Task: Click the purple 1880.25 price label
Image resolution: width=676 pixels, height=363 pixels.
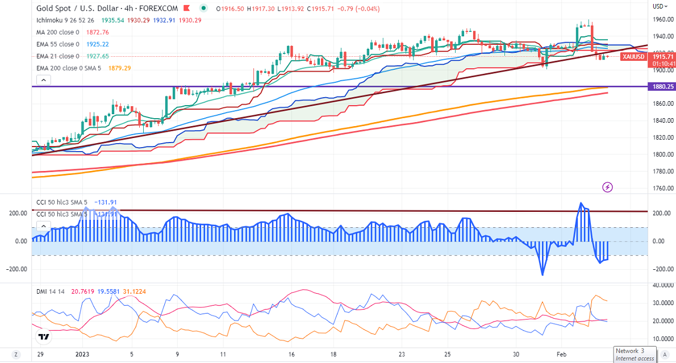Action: [662, 86]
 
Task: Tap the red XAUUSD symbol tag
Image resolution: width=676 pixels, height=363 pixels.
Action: [633, 56]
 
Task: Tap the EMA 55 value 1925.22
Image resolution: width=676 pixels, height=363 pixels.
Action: [97, 44]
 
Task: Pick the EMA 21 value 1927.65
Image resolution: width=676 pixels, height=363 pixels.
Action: [97, 56]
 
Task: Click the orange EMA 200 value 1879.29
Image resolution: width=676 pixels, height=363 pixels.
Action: [119, 68]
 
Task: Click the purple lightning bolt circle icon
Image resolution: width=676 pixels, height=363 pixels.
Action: [608, 186]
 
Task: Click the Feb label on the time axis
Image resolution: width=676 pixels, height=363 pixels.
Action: [562, 354]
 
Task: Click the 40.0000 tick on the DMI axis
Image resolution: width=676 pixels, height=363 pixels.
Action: [662, 286]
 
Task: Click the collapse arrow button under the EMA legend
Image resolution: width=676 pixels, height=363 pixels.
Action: [43, 80]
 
